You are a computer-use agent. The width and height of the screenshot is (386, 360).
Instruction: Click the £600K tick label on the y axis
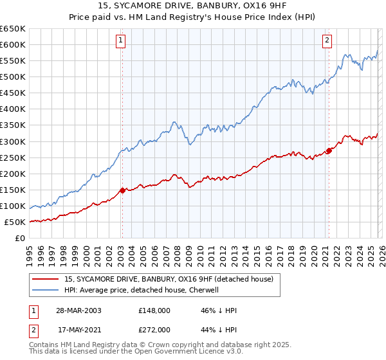(x=13, y=44)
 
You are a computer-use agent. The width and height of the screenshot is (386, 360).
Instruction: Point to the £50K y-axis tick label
(x=15, y=222)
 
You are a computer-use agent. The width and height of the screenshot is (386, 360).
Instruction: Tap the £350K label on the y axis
(x=13, y=125)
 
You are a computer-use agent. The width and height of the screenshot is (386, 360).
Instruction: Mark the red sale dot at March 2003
(x=122, y=190)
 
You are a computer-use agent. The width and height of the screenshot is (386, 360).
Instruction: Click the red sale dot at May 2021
(x=329, y=150)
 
